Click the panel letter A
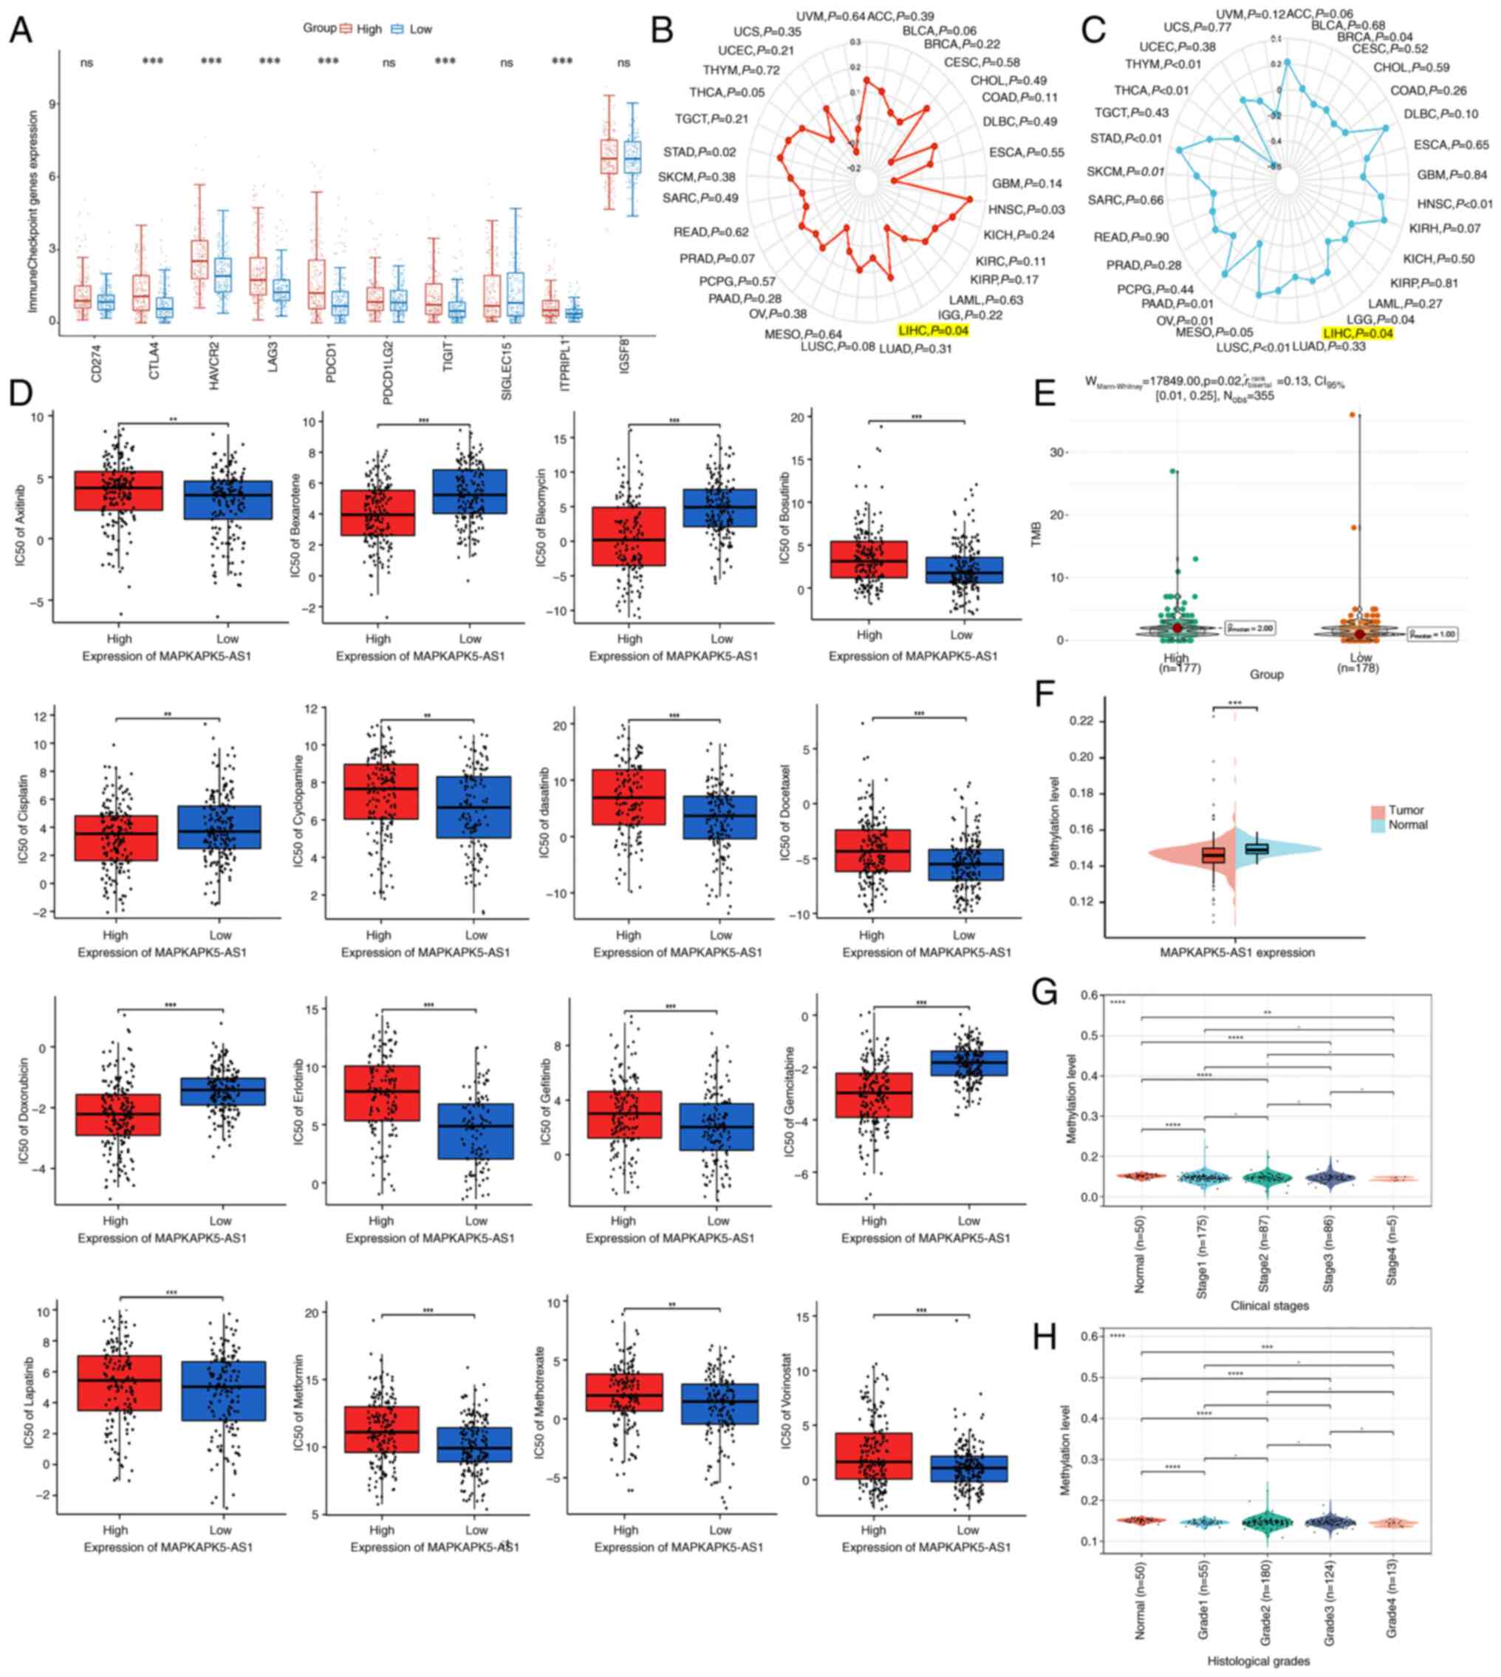tap(21, 30)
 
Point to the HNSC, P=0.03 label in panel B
tap(1026, 210)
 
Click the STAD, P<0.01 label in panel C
tap(1126, 139)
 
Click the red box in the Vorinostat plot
tap(873, 1455)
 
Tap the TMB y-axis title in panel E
tap(1036, 535)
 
